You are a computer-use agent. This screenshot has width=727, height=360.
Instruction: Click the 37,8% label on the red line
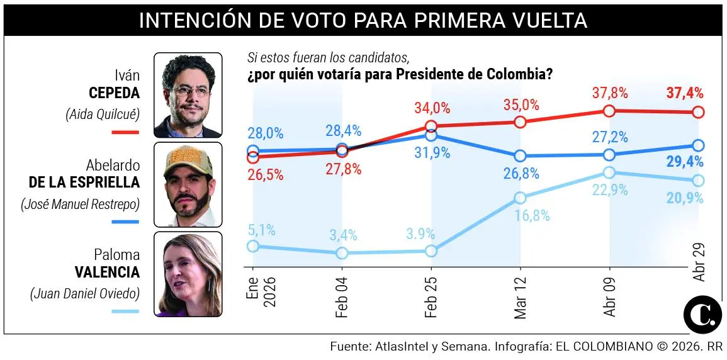(x=609, y=93)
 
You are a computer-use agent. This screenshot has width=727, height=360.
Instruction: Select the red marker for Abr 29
(x=698, y=112)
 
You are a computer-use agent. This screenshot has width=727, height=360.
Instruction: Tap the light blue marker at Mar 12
(x=520, y=198)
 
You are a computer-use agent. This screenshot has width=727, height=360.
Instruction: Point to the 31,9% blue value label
(x=432, y=153)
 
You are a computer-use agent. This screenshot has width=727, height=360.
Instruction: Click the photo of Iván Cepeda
(x=188, y=95)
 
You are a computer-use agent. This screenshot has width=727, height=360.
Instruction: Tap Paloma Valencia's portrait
(x=188, y=274)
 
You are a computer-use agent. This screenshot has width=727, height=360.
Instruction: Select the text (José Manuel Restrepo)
(x=80, y=204)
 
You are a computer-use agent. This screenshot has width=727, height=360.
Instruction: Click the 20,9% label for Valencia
(x=685, y=198)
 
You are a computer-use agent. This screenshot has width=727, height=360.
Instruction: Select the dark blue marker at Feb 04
(x=342, y=149)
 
